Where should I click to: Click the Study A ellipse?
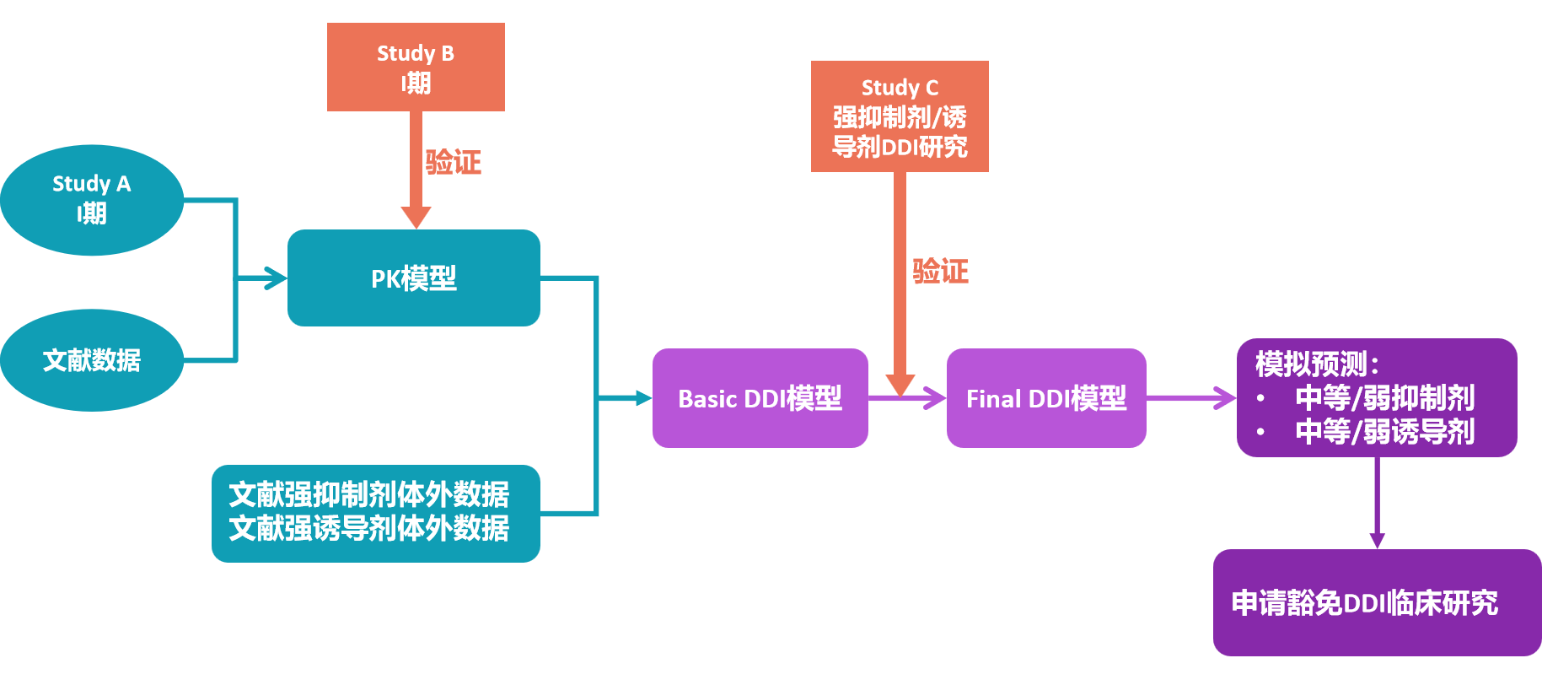(x=91, y=199)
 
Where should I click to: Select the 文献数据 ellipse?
(x=91, y=360)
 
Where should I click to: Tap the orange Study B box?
(x=416, y=67)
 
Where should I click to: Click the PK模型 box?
(x=413, y=278)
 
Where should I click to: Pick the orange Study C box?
(x=900, y=116)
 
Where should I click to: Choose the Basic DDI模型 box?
(x=760, y=398)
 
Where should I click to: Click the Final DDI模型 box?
(x=1045, y=398)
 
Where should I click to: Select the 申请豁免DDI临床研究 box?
(x=1376, y=602)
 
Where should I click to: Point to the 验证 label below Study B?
(x=453, y=162)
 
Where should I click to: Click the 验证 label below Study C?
(x=940, y=271)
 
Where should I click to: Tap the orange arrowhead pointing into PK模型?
(x=416, y=218)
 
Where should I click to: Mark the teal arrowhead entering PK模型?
(x=277, y=278)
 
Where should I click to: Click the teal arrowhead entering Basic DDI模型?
(x=643, y=398)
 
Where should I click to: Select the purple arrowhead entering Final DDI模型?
(x=935, y=398)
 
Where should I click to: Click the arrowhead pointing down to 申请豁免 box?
(x=1377, y=540)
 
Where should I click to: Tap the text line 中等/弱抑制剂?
(x=1384, y=397)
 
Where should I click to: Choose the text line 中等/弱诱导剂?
(x=1384, y=432)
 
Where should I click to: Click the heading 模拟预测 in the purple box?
(x=1315, y=364)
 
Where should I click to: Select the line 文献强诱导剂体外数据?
(x=368, y=529)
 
